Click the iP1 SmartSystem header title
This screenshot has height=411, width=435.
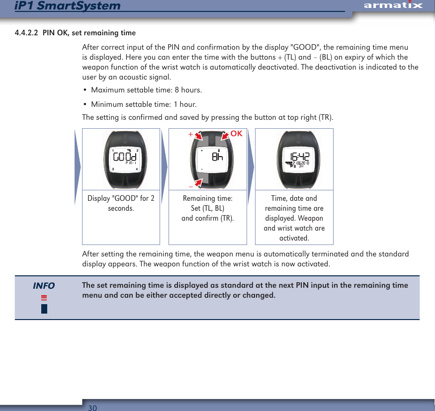click(68, 6)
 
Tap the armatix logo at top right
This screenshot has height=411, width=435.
click(393, 5)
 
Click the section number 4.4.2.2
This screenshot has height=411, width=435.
click(26, 33)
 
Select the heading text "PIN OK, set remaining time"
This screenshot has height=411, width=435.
click(89, 33)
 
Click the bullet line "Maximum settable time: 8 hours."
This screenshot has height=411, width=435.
click(147, 90)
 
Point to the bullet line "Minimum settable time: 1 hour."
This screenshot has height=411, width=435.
click(144, 104)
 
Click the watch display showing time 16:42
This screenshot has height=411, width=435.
click(294, 158)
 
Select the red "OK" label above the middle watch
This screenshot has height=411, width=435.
click(236, 134)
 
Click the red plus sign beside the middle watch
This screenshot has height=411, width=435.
click(189, 134)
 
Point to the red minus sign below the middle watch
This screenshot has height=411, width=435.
click(190, 187)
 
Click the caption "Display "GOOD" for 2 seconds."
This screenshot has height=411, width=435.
click(121, 203)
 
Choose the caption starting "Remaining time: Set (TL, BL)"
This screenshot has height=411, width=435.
click(208, 208)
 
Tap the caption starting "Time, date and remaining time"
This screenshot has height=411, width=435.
click(294, 218)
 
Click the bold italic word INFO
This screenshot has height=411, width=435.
click(44, 286)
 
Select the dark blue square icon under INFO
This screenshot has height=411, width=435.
click(44, 309)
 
